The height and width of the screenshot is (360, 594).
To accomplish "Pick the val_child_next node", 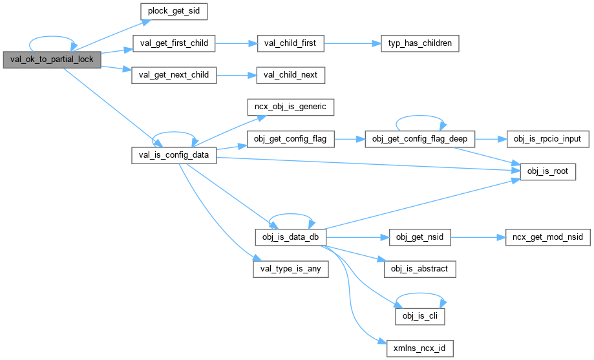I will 290,75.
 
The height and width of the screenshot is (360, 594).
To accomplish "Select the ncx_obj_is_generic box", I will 290,107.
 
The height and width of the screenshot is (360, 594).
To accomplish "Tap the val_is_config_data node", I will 173,155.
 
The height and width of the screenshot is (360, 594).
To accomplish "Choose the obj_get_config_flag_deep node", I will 420,139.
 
